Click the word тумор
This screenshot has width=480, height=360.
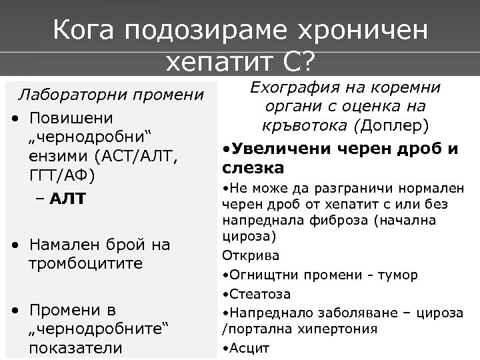399,275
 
